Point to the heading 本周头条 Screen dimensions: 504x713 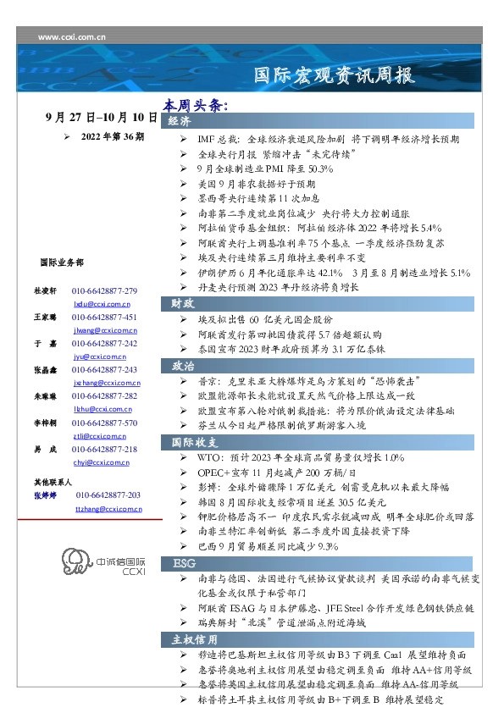pos(197,107)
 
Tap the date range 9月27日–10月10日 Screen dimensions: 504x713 pos(102,118)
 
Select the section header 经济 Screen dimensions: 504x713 pos(180,122)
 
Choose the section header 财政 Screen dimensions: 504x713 pos(183,302)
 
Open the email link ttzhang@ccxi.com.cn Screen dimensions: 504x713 pos(109,509)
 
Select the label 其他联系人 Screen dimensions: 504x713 pos(53,481)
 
